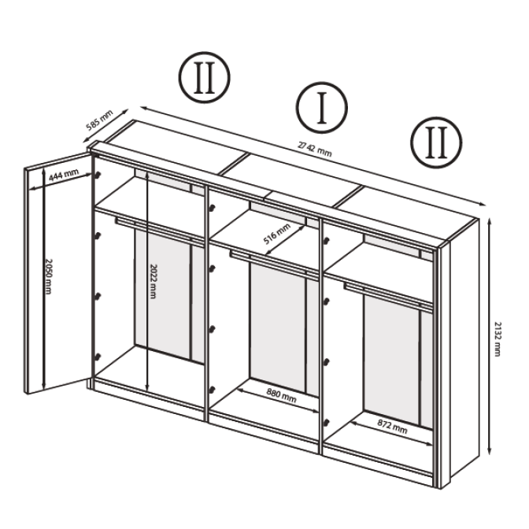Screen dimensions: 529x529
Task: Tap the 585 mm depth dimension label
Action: click(x=99, y=120)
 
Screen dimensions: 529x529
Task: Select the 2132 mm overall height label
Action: click(x=497, y=338)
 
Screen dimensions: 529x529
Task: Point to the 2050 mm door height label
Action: click(x=49, y=276)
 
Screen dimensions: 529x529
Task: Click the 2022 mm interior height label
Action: click(x=153, y=281)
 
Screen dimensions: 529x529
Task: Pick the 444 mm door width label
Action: click(x=64, y=175)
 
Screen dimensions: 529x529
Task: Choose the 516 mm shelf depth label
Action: click(x=277, y=234)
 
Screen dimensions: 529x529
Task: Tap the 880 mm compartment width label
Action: click(x=281, y=396)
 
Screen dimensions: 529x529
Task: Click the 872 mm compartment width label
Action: click(x=392, y=427)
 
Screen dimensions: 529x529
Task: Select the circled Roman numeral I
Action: click(x=322, y=108)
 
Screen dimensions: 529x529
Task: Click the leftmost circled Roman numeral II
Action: click(x=205, y=77)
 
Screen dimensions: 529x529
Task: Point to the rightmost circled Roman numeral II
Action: click(x=436, y=142)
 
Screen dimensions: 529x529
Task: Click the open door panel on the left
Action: click(x=58, y=273)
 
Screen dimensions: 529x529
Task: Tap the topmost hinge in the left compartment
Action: click(x=98, y=175)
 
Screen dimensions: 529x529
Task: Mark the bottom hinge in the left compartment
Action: click(x=98, y=357)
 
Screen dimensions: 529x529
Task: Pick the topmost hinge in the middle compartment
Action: click(x=212, y=208)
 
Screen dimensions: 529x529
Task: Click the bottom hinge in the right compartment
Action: click(x=326, y=422)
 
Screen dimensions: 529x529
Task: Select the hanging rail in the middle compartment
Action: click(x=274, y=264)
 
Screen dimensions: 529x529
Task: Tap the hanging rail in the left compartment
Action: click(x=160, y=231)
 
